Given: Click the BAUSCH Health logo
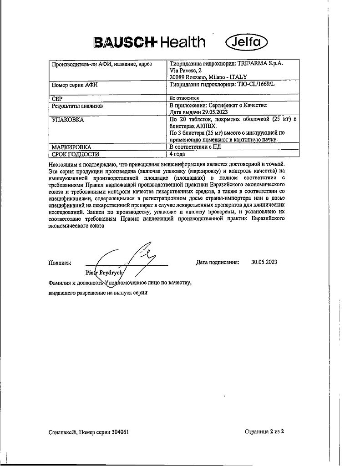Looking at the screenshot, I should tap(149, 42).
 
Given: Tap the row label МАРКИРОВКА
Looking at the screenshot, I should tap(71, 147).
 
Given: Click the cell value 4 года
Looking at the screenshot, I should tap(177, 154).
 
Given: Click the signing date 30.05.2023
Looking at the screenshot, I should tap(264, 262).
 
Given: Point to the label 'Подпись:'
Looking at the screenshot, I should tap(59, 263).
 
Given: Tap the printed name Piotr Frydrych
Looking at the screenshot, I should tap(103, 272).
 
